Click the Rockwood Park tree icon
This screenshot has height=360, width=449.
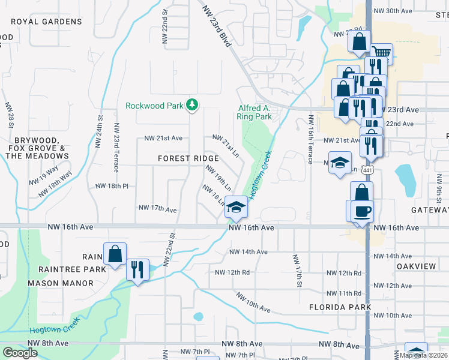click(192, 106)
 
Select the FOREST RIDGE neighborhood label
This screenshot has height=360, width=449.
click(188, 158)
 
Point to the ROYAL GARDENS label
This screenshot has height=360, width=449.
click(46, 22)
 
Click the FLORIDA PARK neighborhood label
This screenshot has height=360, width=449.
click(340, 307)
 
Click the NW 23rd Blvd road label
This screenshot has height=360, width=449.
click(217, 27)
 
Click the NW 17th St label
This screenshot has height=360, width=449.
click(296, 271)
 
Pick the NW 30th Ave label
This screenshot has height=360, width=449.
click(393, 11)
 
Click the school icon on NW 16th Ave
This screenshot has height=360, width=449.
click(237, 208)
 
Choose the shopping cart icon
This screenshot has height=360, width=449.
click(381, 54)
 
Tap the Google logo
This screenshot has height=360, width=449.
click(20, 352)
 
